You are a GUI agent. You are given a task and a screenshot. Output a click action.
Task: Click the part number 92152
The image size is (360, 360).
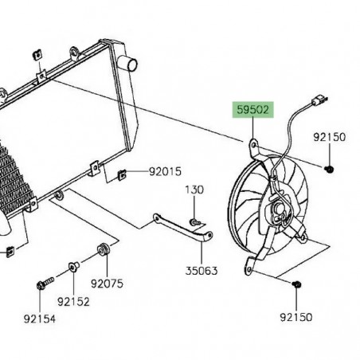pos(73,301)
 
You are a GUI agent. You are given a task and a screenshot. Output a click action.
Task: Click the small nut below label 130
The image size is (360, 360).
pos(194,220)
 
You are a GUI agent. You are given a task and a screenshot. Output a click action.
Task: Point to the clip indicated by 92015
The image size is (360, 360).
pos(121,173)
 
